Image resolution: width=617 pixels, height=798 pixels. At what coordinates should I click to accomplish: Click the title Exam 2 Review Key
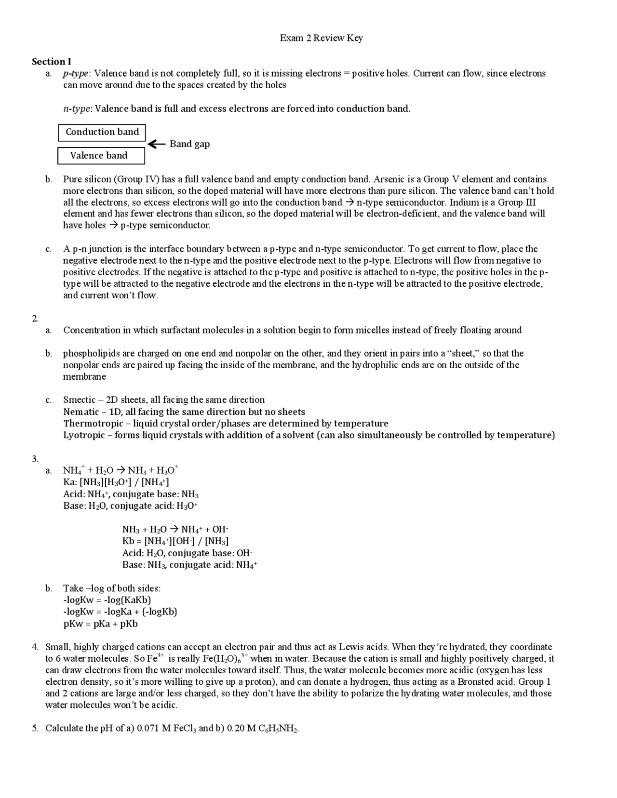click(x=321, y=38)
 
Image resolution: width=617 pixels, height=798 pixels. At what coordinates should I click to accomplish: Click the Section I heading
click(x=52, y=62)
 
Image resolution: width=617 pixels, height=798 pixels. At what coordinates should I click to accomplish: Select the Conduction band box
click(x=102, y=133)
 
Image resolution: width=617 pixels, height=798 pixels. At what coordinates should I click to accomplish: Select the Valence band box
click(x=101, y=156)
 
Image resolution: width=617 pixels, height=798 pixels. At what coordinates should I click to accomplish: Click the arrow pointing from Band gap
click(x=157, y=144)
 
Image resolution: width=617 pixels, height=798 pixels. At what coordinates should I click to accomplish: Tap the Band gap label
click(x=189, y=144)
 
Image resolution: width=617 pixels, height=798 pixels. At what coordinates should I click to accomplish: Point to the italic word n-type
click(x=77, y=109)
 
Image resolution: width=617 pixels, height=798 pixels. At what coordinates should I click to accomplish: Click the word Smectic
click(x=79, y=400)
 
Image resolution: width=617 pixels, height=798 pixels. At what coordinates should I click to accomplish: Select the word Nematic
click(x=81, y=412)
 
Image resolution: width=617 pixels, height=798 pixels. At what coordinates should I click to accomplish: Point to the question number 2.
click(x=35, y=319)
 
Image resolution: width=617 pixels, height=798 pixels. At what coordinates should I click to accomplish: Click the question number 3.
click(x=35, y=459)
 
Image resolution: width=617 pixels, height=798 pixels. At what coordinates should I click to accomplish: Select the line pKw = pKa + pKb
click(x=100, y=624)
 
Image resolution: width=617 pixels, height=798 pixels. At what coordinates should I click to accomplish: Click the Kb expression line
click(x=175, y=541)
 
